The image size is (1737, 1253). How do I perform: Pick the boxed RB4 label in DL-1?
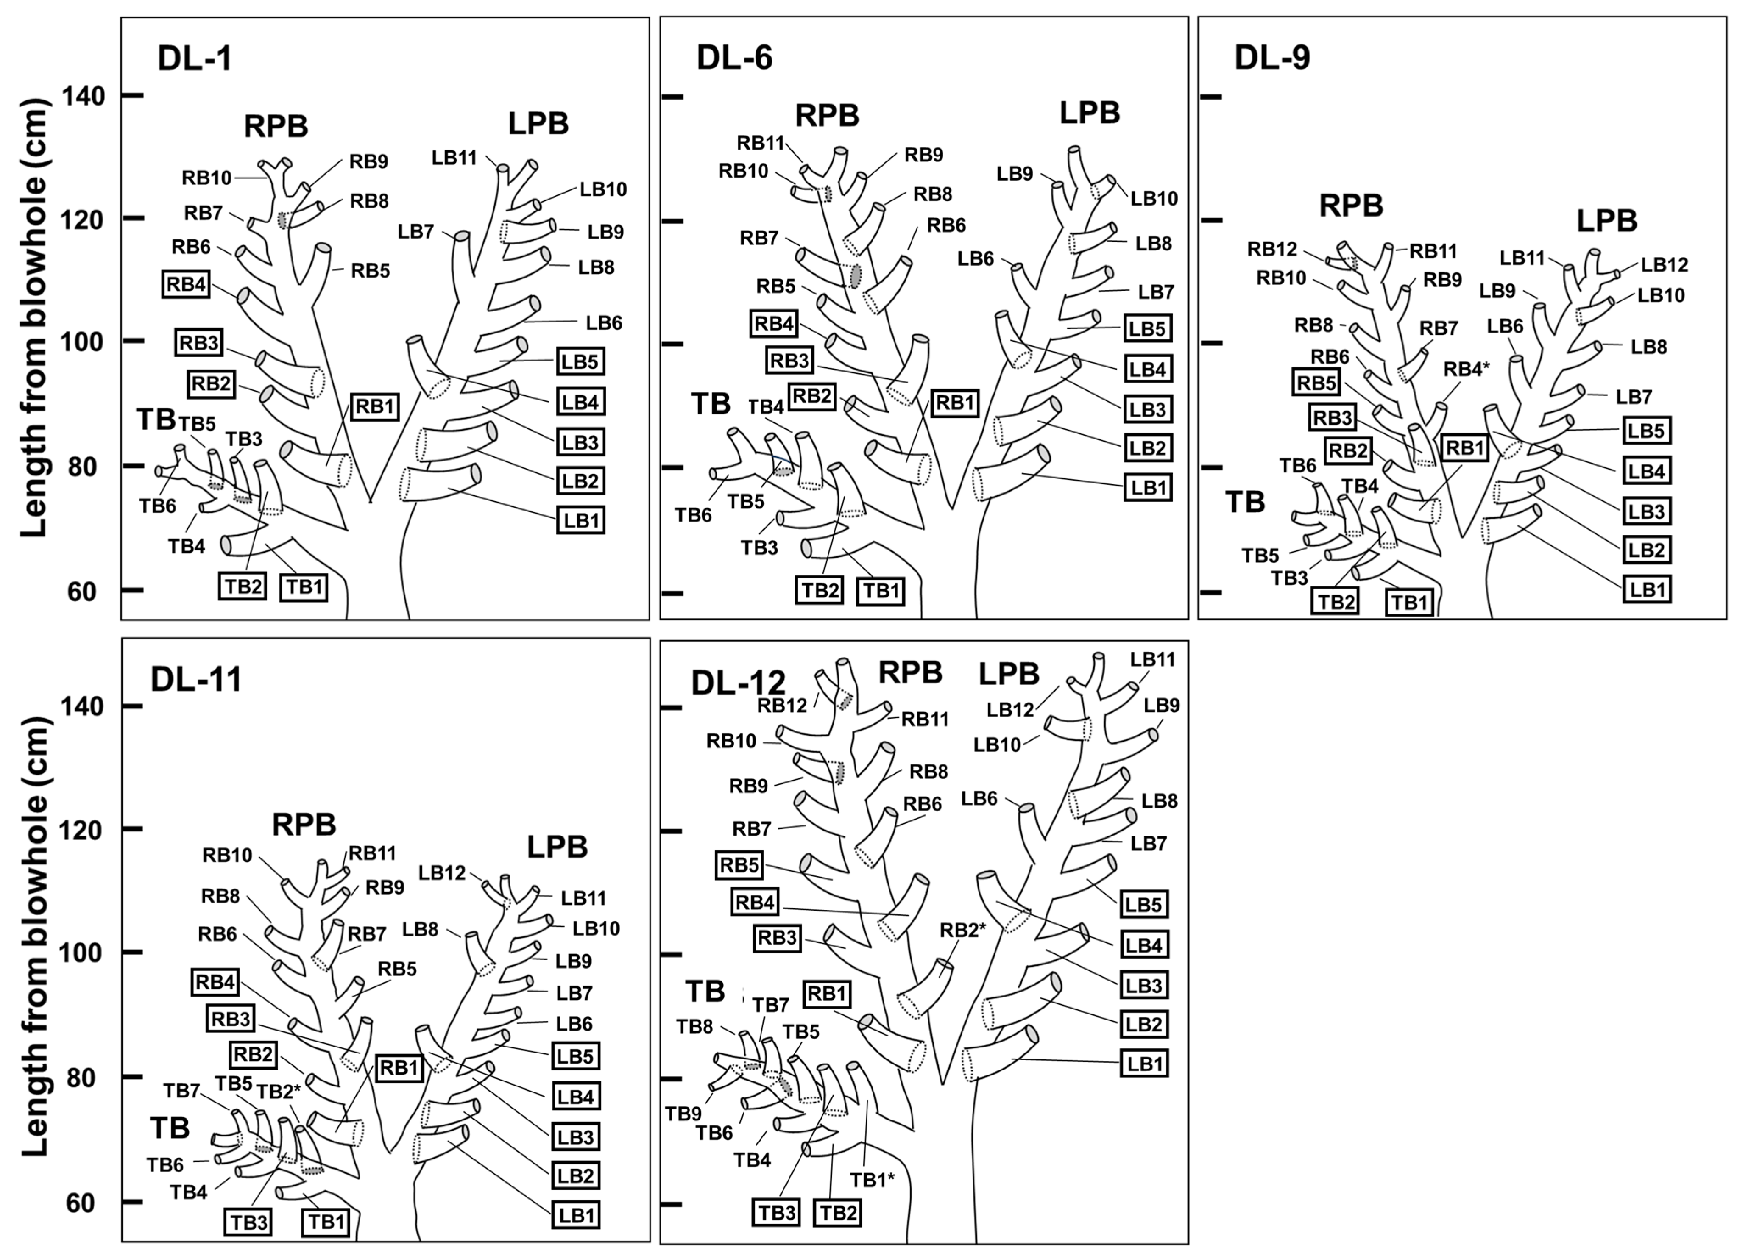[186, 285]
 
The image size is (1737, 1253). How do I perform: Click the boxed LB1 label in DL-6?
[1147, 488]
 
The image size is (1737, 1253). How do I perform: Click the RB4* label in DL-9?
[1466, 370]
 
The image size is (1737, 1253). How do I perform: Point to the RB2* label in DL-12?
[963, 930]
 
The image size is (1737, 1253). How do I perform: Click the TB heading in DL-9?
[1244, 502]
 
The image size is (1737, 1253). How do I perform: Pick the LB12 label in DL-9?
[1664, 265]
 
